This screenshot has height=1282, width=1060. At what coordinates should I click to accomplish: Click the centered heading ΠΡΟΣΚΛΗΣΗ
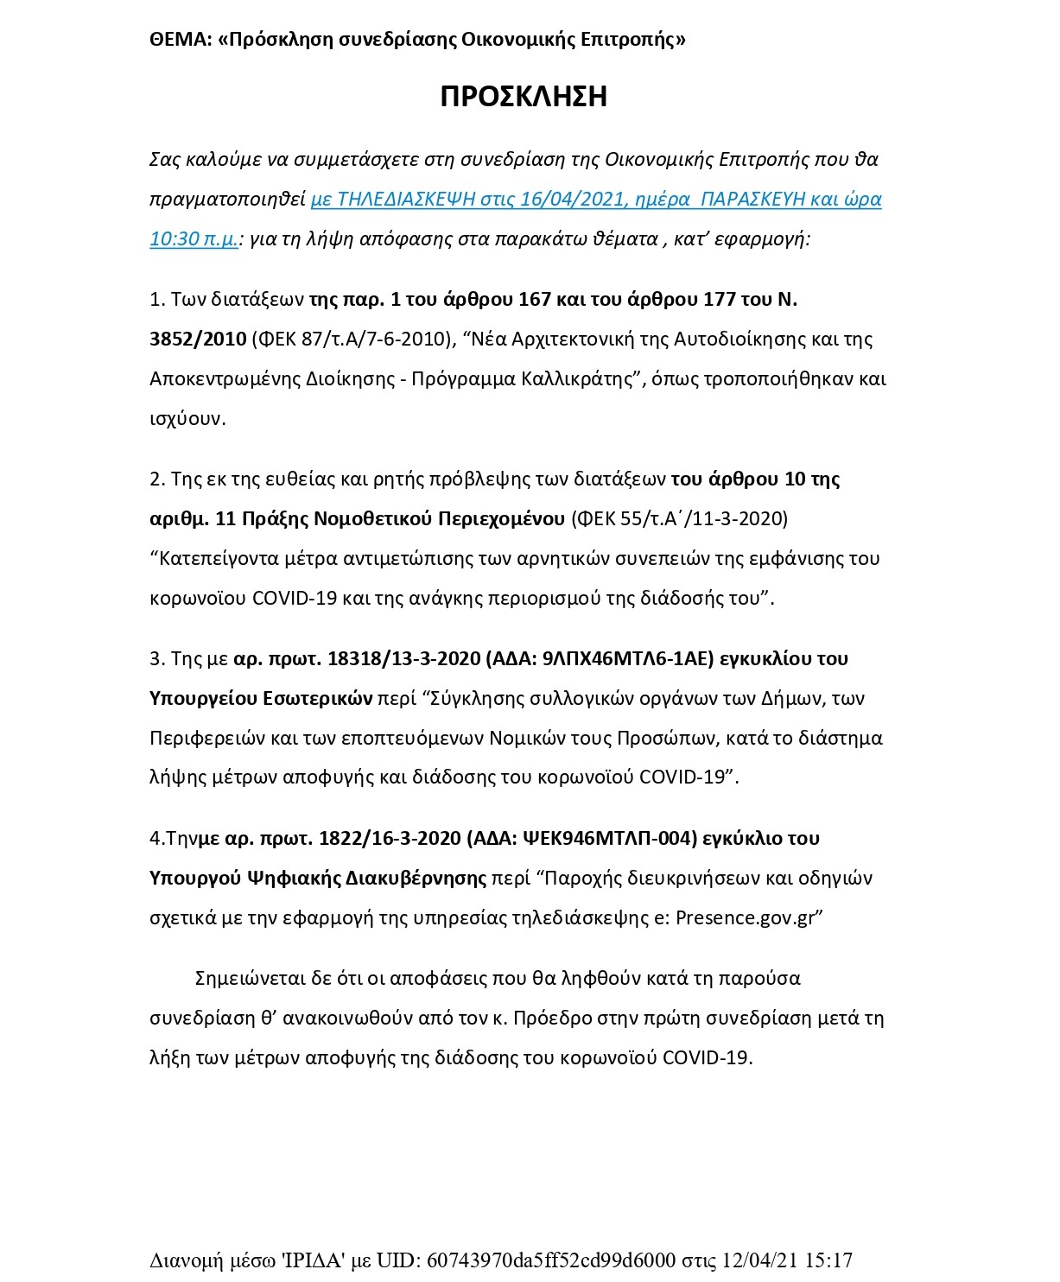pos(524,96)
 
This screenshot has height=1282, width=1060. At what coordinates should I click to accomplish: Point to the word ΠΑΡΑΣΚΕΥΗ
pos(753,199)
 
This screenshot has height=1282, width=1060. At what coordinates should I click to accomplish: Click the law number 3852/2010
pos(198,339)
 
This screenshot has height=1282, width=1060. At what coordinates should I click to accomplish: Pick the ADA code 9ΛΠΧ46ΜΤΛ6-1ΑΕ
pos(629,658)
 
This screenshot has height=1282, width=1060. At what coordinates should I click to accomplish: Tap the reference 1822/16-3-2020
pos(389,838)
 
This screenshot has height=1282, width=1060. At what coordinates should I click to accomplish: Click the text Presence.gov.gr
pos(745,917)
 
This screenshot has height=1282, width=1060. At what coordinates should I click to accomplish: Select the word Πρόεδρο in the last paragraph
pos(546,1018)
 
